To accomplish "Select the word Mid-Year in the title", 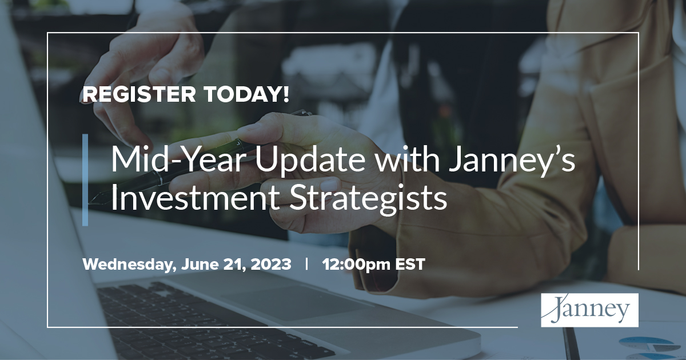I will point(177,160).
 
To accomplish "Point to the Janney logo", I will point(589,310).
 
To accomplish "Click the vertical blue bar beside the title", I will point(85,180).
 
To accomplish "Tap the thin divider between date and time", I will point(308,265).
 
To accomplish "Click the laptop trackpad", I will point(297,297).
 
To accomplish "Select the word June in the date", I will point(201,265).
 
